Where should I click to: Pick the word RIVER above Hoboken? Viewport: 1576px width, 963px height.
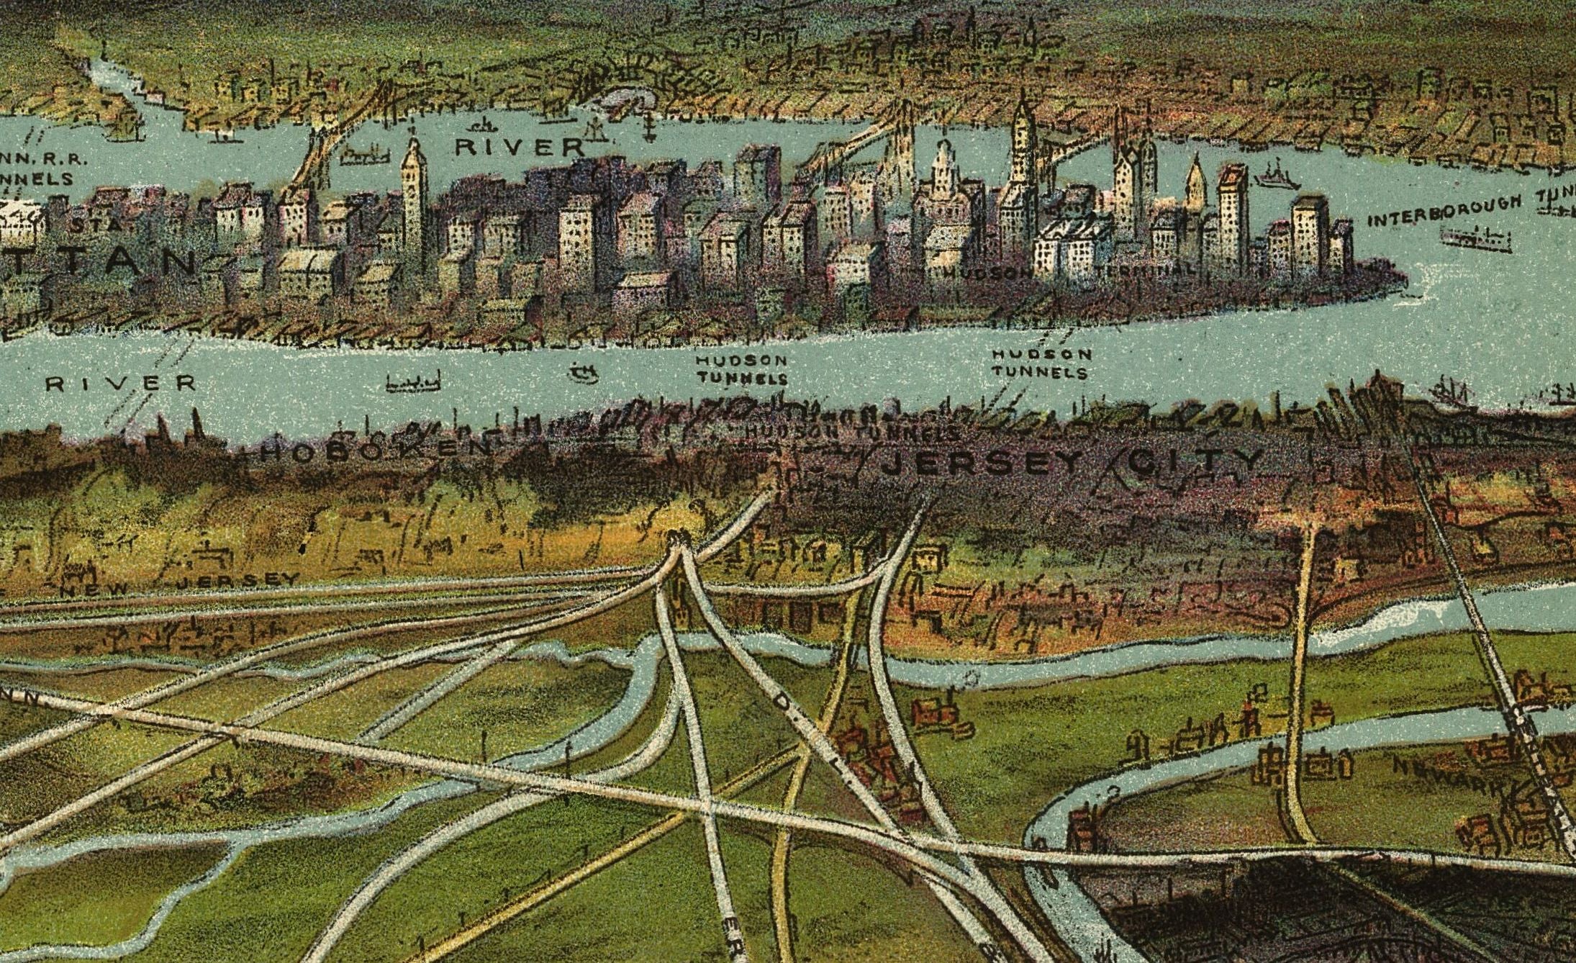(120, 383)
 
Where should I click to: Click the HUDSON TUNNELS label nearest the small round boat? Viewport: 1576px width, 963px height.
(741, 369)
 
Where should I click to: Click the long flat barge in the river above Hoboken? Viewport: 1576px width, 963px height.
(412, 383)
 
